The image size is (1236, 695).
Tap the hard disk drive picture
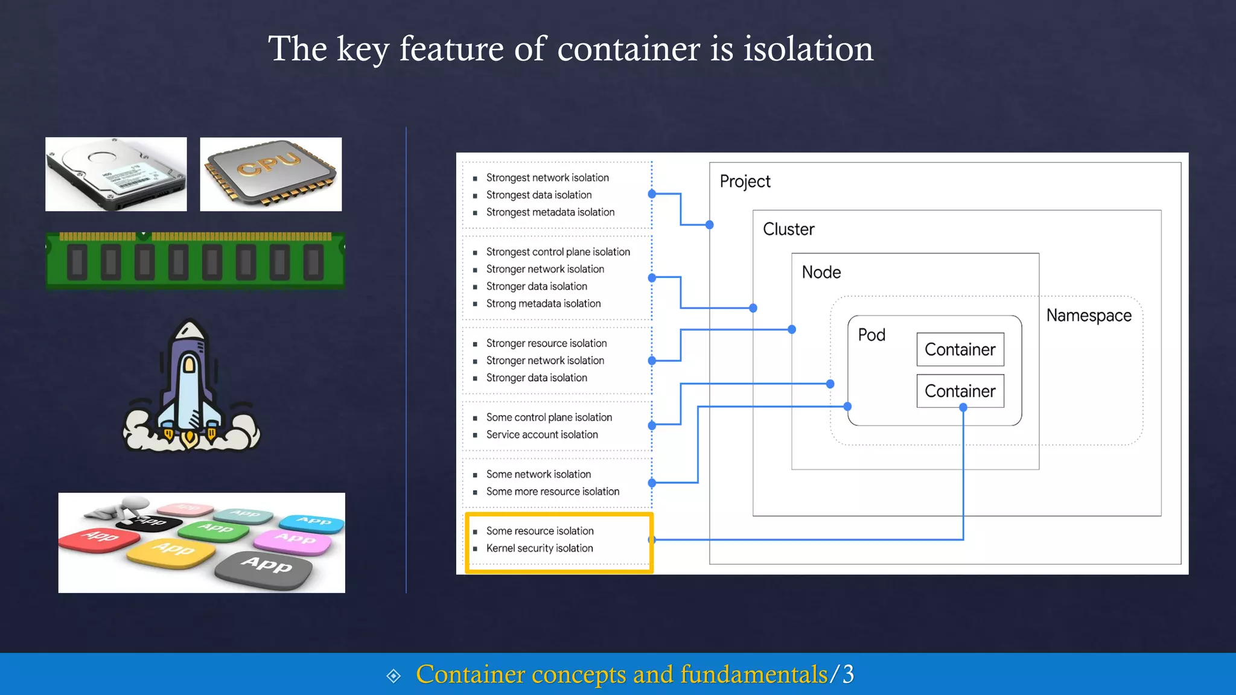116,174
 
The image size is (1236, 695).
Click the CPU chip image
270,174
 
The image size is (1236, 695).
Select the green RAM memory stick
195,261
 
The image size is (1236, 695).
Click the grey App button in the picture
265,567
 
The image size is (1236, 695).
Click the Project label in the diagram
745,182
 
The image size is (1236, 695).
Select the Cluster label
788,229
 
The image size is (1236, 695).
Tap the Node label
821,272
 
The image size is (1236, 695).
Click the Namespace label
1088,316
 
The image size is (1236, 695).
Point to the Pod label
871,335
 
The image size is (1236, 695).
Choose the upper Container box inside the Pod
960,349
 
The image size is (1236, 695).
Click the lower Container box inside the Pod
960,391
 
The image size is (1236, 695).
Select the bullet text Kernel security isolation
540,548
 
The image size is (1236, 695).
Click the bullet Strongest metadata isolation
550,212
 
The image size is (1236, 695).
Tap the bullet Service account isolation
542,434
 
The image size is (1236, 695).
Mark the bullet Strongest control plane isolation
558,252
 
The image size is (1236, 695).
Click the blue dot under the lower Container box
963,408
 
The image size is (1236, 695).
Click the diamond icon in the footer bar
393,676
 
